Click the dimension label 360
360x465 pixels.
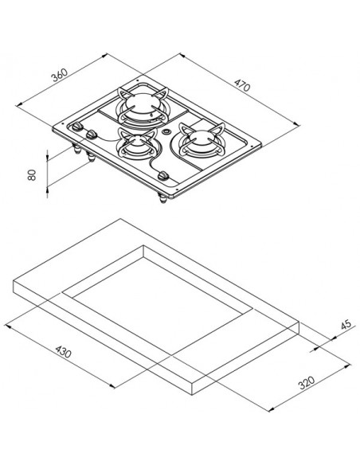(x=60, y=75)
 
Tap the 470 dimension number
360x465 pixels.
(x=242, y=85)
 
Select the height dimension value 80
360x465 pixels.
(x=31, y=174)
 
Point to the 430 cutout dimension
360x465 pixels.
(x=64, y=351)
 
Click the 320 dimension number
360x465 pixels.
(x=307, y=382)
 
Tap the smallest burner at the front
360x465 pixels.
(x=137, y=144)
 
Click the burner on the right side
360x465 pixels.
(x=202, y=140)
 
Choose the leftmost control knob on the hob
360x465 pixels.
(x=78, y=127)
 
